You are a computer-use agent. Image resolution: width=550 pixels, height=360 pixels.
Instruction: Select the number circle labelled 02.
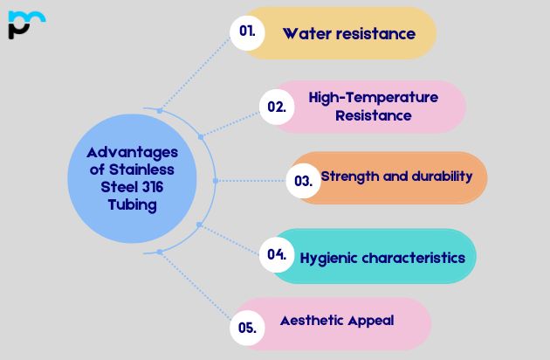click(277, 107)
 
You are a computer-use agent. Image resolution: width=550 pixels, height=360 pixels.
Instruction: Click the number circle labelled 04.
click(277, 255)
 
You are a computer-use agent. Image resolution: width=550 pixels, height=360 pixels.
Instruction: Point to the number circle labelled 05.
click(246, 329)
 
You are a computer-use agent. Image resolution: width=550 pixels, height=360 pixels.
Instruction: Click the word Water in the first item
click(305, 34)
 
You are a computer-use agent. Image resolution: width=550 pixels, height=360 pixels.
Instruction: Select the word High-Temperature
click(374, 97)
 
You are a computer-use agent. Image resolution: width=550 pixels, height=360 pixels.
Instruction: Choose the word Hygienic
click(329, 258)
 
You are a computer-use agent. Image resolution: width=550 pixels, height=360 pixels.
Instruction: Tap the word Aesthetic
click(311, 321)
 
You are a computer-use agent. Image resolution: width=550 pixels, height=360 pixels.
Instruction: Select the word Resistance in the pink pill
click(374, 114)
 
